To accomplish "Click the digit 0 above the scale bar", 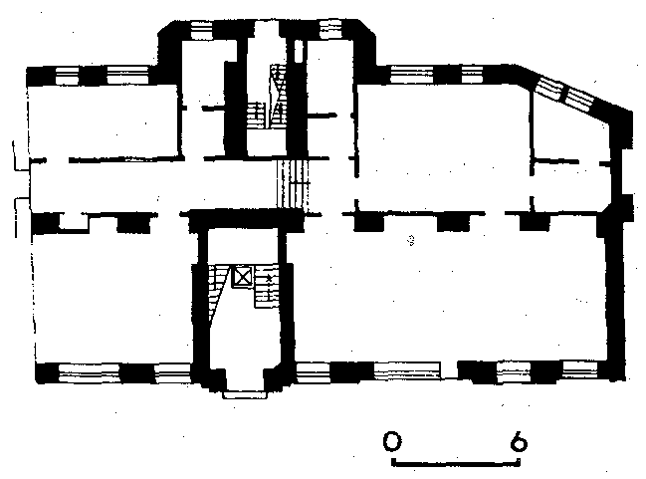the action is coord(392,441).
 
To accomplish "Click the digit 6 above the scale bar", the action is coord(519,441).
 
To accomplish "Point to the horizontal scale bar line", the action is coord(455,463).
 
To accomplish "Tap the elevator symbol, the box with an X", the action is coord(243,277).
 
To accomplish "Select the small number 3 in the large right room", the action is coord(410,240).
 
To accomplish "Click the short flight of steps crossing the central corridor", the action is coord(292,185).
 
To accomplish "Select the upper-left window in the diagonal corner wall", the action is coord(547,87).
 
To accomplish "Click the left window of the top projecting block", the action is coord(201,31).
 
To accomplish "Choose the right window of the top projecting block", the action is coord(330,30).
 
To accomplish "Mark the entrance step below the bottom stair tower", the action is coord(245,394).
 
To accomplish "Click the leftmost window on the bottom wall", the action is coord(90,373).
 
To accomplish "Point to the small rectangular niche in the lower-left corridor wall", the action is coord(75,221).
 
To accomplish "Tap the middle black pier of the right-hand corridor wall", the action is coord(453,222).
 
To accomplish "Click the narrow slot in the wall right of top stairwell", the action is coord(299,51).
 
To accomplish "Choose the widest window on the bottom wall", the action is coord(407,370).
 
